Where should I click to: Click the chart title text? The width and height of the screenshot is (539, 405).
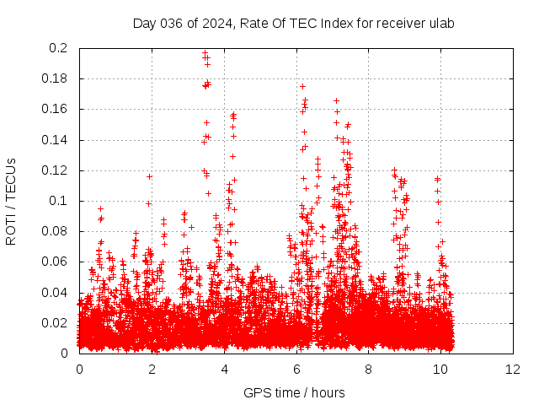coord(294,23)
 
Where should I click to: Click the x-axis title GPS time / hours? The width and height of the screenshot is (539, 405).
coord(294,392)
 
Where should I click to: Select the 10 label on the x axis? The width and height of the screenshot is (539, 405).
coord(441,369)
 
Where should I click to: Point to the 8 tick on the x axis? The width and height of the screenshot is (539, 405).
coord(369,369)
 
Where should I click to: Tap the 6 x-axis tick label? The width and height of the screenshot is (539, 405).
coord(296,369)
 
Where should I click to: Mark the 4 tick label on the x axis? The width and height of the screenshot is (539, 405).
coord(224,369)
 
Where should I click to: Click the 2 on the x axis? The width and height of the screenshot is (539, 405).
coord(152,369)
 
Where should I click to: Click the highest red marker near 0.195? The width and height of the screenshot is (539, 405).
coord(205,55)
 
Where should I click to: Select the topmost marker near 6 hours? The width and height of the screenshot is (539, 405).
coord(302,86)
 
